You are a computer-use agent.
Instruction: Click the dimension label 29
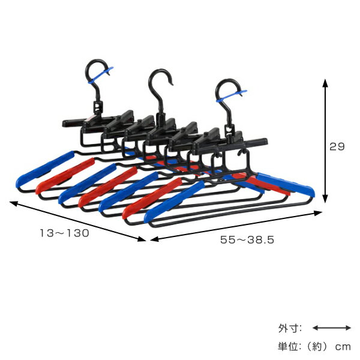[337, 146]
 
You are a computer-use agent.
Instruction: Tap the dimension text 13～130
[65, 233]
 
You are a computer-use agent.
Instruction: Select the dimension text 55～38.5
[247, 239]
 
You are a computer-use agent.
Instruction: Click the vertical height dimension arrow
[325, 141]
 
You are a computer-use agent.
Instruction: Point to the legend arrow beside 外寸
[332, 328]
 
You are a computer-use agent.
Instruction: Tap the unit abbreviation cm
[343, 347]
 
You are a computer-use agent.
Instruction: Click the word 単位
[287, 346]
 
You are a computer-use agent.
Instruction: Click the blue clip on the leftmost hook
[101, 75]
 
